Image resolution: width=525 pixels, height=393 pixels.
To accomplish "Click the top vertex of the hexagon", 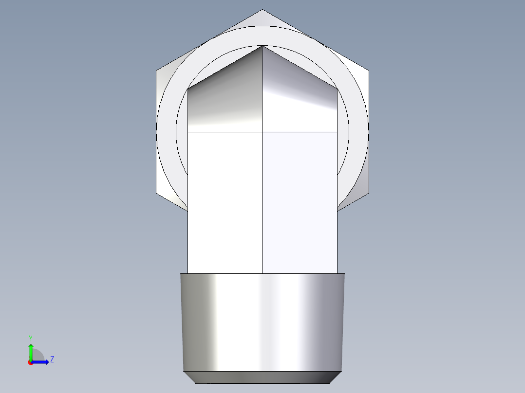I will coord(262,10).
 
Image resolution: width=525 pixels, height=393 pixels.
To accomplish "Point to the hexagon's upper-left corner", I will coord(156,71).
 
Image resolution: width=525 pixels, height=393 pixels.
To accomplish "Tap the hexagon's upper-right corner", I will coord(368,71).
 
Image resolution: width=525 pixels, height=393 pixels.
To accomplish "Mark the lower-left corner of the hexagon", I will coord(156,193).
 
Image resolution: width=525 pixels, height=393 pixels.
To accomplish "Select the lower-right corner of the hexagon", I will coord(368,193).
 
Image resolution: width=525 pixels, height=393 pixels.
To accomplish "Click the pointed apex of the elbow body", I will coord(262,46).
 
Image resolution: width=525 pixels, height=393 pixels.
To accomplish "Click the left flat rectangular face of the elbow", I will coord(225,202).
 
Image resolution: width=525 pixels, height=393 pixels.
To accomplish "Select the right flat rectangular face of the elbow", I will coord(300,202).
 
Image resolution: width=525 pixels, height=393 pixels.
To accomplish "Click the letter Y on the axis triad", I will coord(30,338).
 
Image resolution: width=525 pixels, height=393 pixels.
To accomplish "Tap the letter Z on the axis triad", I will coord(52,359).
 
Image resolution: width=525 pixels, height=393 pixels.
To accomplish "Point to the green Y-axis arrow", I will coord(30,350).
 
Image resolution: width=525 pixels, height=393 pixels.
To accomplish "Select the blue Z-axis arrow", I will coord(41,362).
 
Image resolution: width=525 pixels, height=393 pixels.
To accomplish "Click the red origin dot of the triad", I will coord(31,362).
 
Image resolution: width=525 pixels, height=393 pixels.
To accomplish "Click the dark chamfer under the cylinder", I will coord(262,377).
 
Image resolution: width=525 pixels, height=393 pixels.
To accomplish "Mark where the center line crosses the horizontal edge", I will coord(262,132).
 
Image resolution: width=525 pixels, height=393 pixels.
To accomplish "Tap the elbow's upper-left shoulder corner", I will coord(188,88).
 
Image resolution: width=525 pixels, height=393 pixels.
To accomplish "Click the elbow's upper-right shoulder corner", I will coord(337,88).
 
